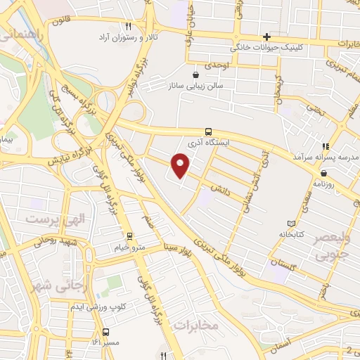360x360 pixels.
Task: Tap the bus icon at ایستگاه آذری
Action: coord(208,131)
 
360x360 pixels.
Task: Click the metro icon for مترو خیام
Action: coord(129,236)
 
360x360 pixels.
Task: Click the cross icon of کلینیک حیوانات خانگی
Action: coord(266,37)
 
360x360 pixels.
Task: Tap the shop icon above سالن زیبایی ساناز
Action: coord(195,73)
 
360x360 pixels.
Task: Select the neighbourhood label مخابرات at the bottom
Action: coord(193,326)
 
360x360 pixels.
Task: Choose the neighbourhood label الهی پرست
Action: coord(50,219)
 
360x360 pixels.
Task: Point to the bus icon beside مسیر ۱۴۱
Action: coord(105,331)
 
